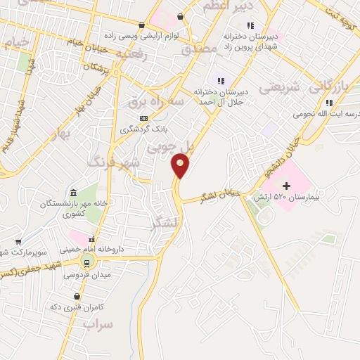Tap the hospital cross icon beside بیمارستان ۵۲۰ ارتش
[x=286, y=185]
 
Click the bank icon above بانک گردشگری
[x=144, y=118]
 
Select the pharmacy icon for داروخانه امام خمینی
[x=91, y=238]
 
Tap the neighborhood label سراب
[x=98, y=323]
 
